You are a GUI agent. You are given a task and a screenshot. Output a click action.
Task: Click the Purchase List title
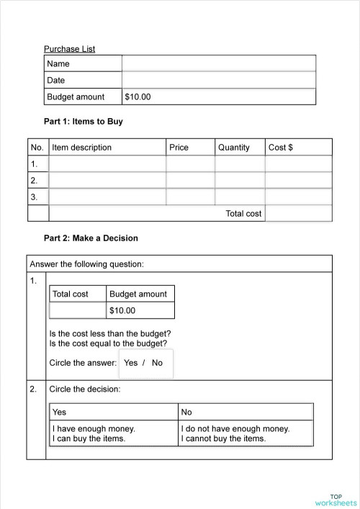[x=70, y=49]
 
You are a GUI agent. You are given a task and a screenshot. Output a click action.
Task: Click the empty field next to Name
[x=218, y=64]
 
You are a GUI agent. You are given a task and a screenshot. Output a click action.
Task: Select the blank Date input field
[x=218, y=81]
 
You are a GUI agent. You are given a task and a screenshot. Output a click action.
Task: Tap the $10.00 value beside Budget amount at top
[x=138, y=96]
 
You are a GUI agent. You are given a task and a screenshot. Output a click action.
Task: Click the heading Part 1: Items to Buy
[x=84, y=122]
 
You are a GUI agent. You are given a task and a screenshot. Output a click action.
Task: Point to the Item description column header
[x=82, y=148]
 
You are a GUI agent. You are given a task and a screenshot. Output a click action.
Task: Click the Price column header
[x=179, y=148]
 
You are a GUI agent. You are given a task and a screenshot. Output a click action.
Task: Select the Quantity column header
[x=233, y=148]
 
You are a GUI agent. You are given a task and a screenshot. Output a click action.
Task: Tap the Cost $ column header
[x=281, y=148]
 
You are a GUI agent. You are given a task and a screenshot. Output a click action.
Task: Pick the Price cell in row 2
[x=190, y=180]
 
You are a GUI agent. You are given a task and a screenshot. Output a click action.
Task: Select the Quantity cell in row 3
[x=240, y=197]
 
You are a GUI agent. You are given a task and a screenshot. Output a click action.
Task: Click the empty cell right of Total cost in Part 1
[x=298, y=213]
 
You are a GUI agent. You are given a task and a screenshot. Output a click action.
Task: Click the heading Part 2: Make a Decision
[x=91, y=238]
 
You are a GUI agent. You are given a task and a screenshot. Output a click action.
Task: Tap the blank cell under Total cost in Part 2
[x=77, y=311]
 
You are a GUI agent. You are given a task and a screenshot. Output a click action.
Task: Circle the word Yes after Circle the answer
[x=130, y=363]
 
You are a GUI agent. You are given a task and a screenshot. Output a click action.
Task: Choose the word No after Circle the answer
[x=157, y=363]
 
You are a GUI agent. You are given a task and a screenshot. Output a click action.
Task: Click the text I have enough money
[x=94, y=428]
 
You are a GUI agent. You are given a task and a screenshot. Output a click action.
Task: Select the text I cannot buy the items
[x=224, y=438]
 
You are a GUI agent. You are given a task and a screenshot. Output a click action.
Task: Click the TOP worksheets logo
[x=335, y=499]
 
